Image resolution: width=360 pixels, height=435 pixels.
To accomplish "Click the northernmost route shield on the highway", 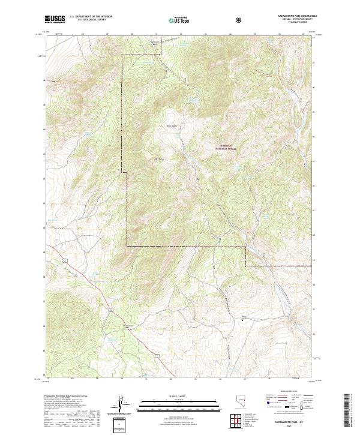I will (x=64, y=260).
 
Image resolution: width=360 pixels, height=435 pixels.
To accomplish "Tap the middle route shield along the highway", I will (x=111, y=308).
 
